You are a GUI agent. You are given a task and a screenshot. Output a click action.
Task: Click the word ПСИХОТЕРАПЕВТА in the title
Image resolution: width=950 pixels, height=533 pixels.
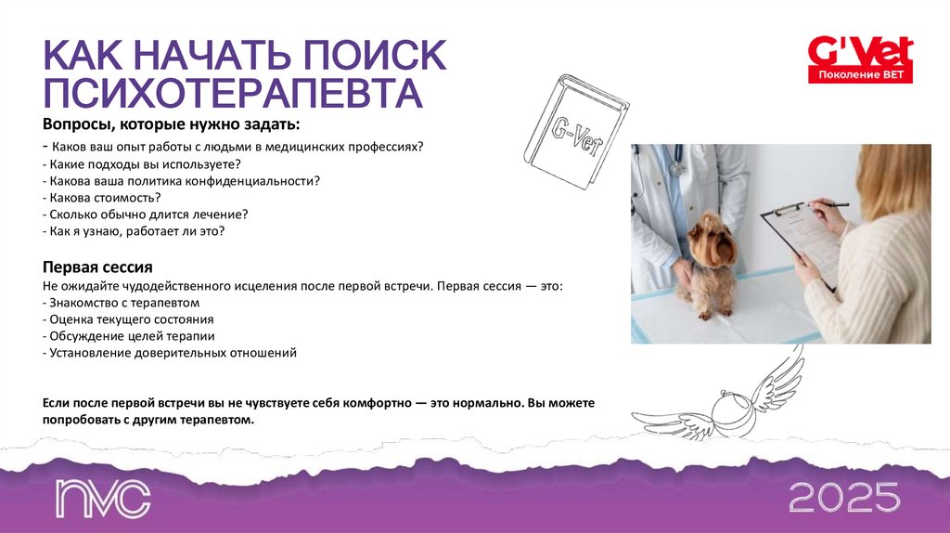click(231, 94)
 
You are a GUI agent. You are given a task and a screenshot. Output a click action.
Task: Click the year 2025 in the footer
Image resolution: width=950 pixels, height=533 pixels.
click(844, 498)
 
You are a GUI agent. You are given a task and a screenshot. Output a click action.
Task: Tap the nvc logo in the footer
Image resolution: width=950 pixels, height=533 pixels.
click(102, 499)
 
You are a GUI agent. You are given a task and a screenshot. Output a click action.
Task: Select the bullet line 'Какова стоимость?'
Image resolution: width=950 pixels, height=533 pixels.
click(102, 197)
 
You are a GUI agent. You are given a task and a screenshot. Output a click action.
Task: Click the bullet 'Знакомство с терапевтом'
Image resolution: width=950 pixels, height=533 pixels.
click(121, 303)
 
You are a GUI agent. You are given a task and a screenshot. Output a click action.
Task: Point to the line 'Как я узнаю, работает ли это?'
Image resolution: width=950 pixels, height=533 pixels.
click(134, 230)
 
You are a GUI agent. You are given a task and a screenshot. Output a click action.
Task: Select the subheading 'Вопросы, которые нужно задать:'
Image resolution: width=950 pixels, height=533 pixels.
click(171, 124)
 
